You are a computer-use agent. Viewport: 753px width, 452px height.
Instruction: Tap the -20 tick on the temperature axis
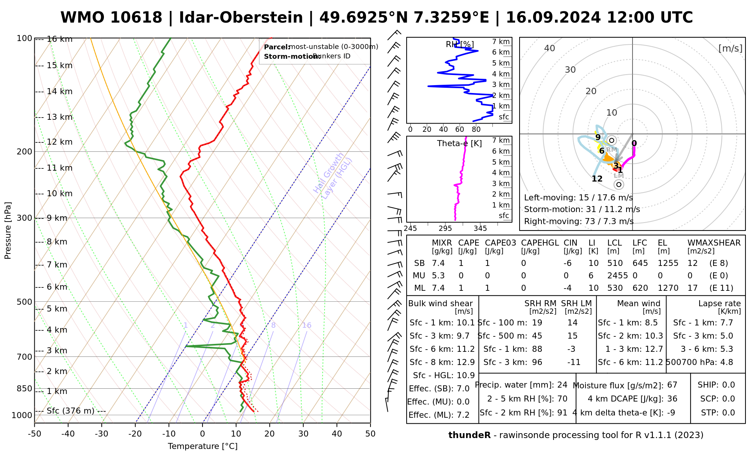[x=135, y=434]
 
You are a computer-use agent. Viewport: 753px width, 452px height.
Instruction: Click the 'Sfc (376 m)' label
[x=70, y=411]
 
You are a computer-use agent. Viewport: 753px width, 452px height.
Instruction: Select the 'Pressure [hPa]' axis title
[x=8, y=231]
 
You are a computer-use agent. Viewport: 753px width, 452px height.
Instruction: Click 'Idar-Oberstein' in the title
[x=241, y=18]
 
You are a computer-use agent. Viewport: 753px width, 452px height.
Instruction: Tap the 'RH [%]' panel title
[x=460, y=44]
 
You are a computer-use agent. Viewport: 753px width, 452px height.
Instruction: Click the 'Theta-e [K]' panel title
[x=459, y=144]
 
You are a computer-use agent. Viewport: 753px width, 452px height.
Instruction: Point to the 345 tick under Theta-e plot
[x=480, y=229]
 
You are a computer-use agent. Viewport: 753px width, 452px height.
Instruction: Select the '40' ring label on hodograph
[x=550, y=48]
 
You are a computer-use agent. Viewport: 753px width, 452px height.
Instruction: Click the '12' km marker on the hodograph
[x=597, y=179]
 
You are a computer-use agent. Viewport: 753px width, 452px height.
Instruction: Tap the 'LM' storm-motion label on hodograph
[x=619, y=176]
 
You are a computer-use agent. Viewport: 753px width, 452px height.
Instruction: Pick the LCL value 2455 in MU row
[x=617, y=276]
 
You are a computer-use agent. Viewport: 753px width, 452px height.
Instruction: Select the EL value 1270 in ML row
[x=668, y=288]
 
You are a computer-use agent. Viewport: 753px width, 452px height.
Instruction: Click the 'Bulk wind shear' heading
[x=440, y=304]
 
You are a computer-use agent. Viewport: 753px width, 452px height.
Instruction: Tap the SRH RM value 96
[x=537, y=362]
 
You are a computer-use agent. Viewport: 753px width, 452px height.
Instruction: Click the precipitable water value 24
[x=562, y=385]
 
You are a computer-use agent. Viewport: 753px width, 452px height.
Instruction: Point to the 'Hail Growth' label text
[x=328, y=173]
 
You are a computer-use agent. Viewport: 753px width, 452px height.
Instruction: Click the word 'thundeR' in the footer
[x=469, y=435]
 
